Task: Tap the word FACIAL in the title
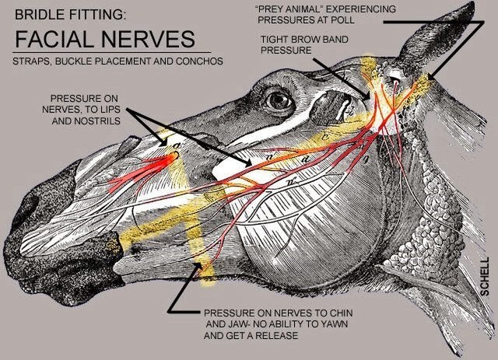click(55, 38)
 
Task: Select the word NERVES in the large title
click(147, 38)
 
